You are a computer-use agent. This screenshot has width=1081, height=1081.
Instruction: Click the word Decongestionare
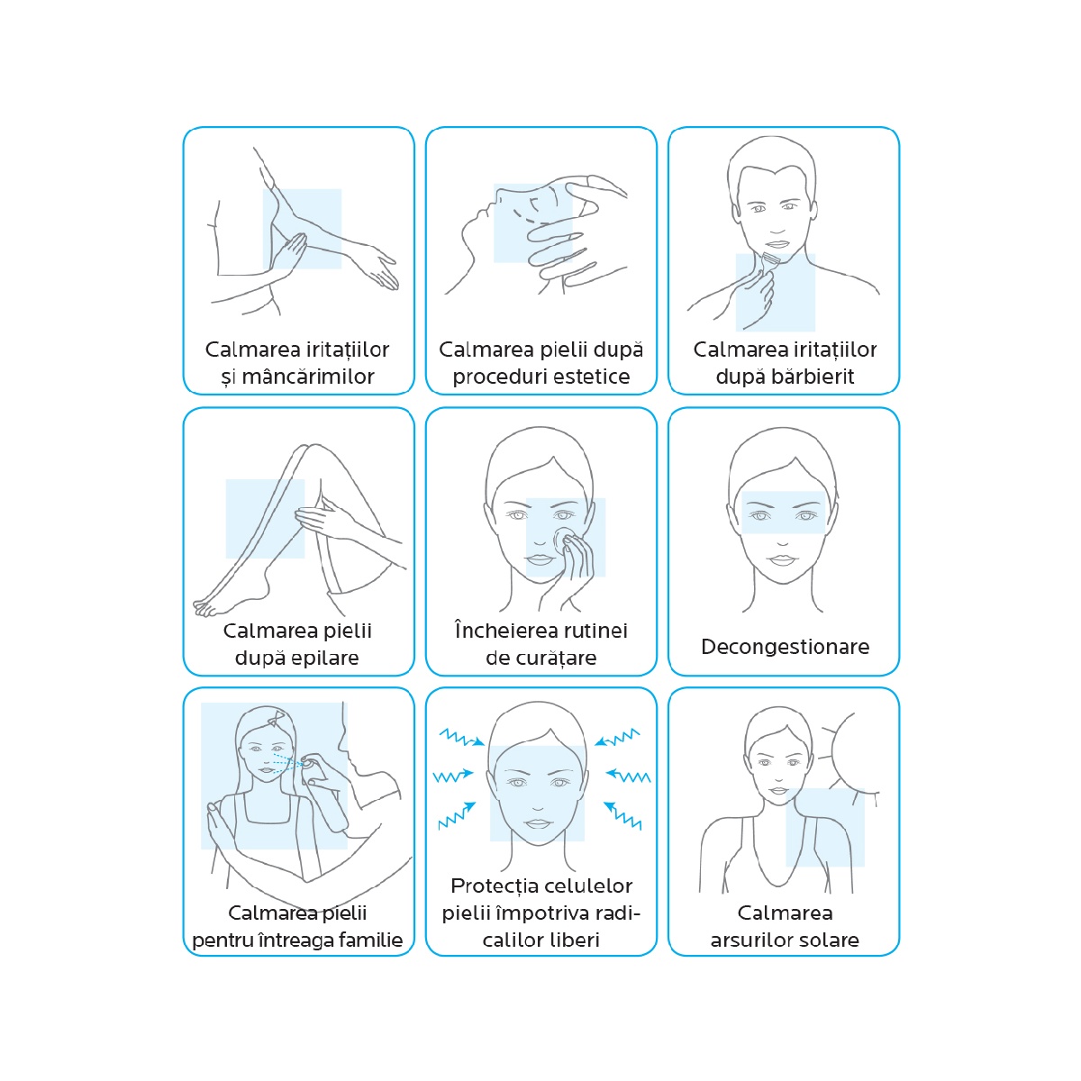click(x=785, y=647)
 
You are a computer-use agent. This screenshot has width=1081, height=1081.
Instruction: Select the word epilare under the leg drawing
click(x=324, y=658)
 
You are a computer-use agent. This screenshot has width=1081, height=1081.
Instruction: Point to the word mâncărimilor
click(x=308, y=377)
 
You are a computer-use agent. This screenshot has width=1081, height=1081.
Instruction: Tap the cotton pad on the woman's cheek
click(x=564, y=539)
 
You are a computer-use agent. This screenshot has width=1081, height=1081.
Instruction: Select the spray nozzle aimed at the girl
click(x=307, y=764)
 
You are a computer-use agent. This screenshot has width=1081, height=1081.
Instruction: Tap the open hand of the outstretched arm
click(x=381, y=271)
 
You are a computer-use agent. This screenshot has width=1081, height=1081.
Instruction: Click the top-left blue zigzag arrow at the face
click(x=461, y=737)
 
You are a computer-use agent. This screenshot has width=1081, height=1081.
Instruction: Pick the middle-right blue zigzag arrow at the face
click(x=628, y=776)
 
